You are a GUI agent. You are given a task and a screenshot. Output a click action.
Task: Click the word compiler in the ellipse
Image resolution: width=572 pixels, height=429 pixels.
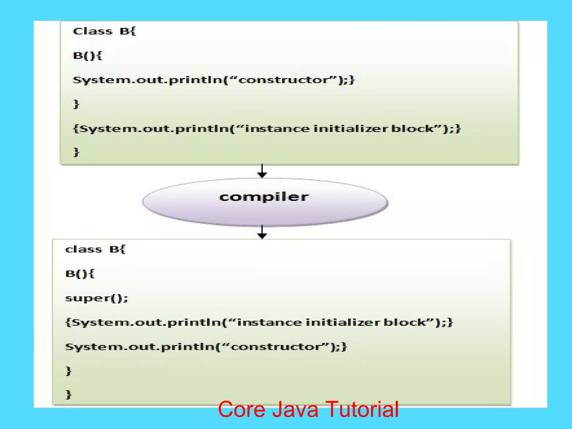[x=264, y=197]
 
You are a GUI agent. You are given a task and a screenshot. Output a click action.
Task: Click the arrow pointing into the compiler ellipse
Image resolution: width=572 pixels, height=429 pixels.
[x=262, y=171]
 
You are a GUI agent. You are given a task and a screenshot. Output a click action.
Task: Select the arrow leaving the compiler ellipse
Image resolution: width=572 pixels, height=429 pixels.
[x=262, y=232]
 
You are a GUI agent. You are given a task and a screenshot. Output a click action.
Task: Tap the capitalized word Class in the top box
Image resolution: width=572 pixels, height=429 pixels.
[x=92, y=31]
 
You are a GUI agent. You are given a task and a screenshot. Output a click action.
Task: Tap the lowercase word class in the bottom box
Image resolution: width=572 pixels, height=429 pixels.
[x=84, y=249]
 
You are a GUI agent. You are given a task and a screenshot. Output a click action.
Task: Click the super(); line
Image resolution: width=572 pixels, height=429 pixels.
[x=96, y=298]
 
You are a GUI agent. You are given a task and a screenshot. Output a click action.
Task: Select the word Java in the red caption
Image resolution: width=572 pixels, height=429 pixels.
[x=295, y=409]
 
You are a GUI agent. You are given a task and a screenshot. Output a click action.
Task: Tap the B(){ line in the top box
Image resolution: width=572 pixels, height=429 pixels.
[x=87, y=56]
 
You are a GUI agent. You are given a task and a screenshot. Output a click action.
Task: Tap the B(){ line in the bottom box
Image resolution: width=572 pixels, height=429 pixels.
[x=80, y=274]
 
